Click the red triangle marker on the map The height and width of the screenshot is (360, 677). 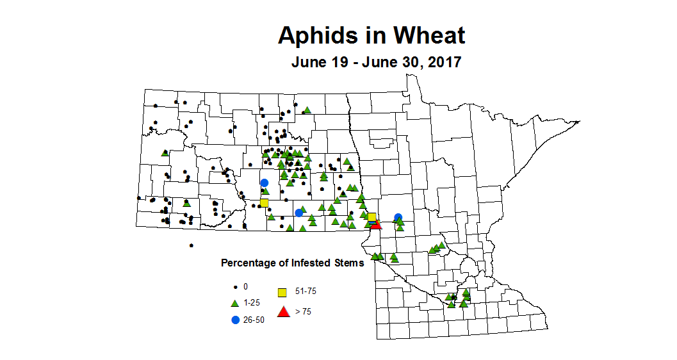pyautogui.click(x=376, y=224)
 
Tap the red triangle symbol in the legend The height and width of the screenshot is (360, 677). pyautogui.click(x=282, y=313)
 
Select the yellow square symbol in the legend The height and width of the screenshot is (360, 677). pyautogui.click(x=282, y=293)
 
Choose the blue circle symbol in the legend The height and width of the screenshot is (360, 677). pyautogui.click(x=235, y=319)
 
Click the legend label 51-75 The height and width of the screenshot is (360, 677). pyautogui.click(x=306, y=291)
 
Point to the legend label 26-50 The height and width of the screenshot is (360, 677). pyautogui.click(x=254, y=319)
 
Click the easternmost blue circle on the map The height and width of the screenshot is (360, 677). pyautogui.click(x=398, y=217)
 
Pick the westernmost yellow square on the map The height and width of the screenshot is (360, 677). pyautogui.click(x=264, y=203)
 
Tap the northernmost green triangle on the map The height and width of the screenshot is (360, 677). pyautogui.click(x=307, y=110)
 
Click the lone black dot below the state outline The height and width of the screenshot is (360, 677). pyautogui.click(x=192, y=245)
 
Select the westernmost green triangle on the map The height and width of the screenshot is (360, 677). pyautogui.click(x=165, y=152)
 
